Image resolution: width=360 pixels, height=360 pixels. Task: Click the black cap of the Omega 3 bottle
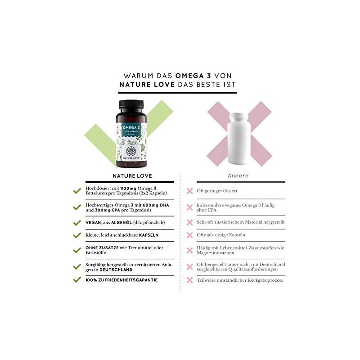coord(131,104)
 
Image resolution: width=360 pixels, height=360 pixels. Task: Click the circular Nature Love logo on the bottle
coord(131,151)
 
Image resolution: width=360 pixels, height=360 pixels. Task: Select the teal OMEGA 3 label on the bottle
coord(131,130)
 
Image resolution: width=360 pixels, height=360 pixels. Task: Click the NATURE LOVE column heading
coord(132,176)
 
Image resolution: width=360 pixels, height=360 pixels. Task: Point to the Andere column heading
coord(238,175)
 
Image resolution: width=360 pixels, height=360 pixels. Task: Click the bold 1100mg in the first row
coord(128,188)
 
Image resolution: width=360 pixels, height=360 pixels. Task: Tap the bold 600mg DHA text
coord(156,205)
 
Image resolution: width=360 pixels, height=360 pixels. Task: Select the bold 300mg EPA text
coord(108,210)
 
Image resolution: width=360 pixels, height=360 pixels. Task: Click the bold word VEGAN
coord(93,222)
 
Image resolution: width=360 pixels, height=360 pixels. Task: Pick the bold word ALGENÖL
coord(121,222)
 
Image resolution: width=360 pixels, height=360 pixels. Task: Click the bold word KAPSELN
coord(149,235)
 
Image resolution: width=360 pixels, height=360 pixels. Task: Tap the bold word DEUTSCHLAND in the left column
coord(116,270)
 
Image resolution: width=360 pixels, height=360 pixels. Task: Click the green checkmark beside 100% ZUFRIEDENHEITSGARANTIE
coord(77,279)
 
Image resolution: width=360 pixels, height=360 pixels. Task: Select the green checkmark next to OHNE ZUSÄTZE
coord(77,250)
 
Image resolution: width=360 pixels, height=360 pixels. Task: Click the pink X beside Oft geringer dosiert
coord(189,191)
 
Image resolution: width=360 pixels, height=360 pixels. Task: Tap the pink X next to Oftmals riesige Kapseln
coord(189,235)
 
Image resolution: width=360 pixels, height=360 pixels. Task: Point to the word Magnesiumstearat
coord(216,253)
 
